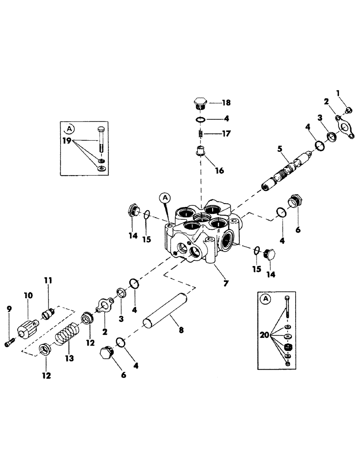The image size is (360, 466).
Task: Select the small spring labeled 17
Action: tap(199, 134)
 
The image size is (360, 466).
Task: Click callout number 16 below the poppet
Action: tap(219, 171)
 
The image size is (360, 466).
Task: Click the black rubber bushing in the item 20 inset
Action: tap(288, 349)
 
